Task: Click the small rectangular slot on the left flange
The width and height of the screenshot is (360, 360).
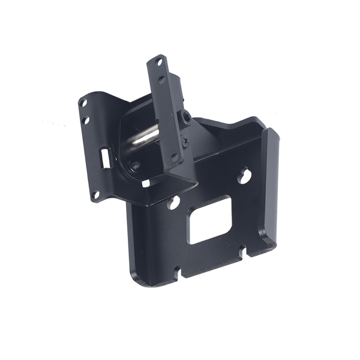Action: [x=105, y=156]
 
